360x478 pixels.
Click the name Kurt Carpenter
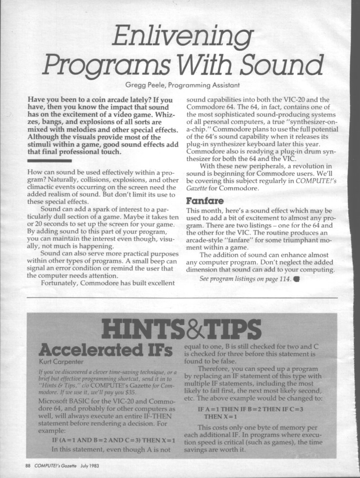pos(56,361)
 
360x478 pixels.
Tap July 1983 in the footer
pos(90,464)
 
